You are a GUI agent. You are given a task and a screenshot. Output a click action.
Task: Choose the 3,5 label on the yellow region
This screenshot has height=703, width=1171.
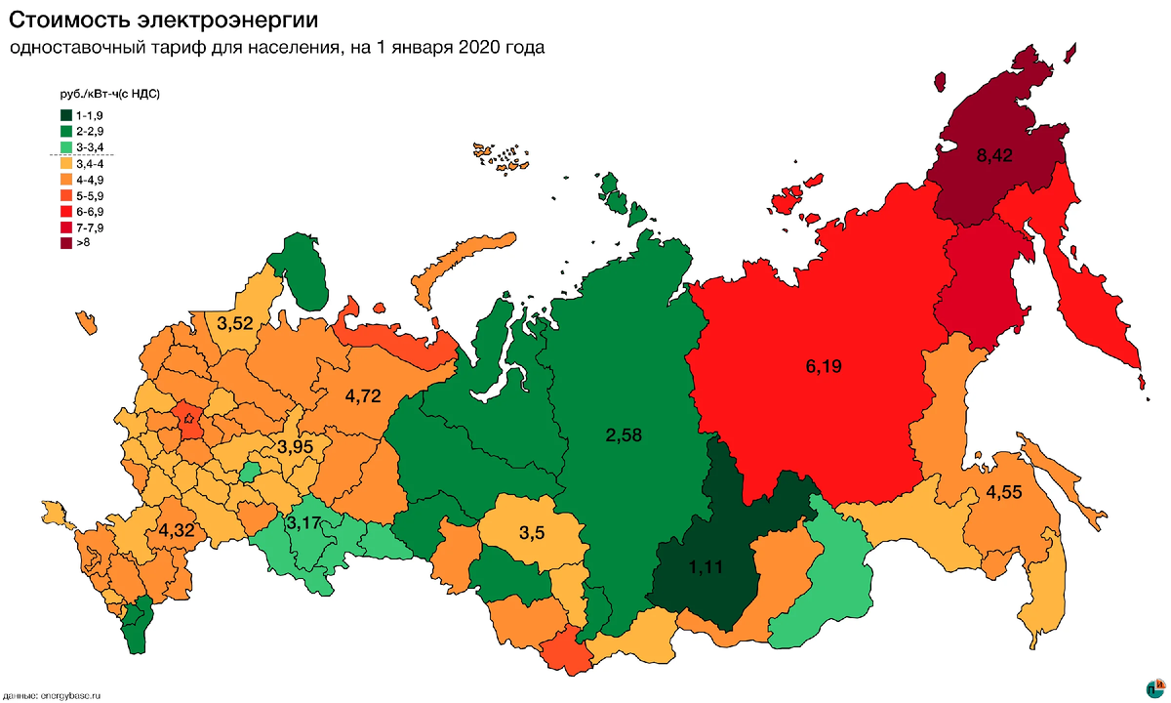click(x=532, y=533)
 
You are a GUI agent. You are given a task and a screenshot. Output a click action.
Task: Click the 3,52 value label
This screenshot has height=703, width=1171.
click(x=234, y=323)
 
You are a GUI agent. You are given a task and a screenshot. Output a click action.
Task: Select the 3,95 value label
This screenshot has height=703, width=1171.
click(x=294, y=447)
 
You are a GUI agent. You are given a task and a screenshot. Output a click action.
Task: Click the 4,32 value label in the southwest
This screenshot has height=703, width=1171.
click(x=176, y=532)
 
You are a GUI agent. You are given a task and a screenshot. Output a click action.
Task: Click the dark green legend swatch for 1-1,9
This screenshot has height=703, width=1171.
click(x=65, y=115)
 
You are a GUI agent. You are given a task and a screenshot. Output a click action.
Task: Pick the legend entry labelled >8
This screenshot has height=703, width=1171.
click(x=83, y=242)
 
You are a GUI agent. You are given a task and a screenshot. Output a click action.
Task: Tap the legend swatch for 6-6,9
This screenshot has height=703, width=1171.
click(x=65, y=211)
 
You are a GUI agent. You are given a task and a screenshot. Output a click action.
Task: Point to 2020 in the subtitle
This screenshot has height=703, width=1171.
click(x=479, y=47)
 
